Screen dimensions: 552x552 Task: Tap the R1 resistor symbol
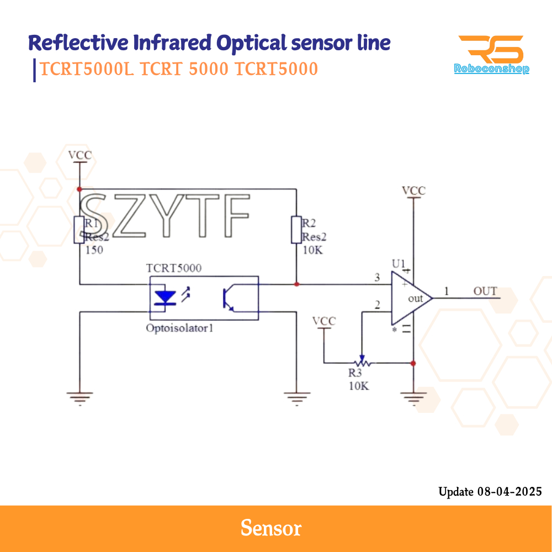[x=79, y=230]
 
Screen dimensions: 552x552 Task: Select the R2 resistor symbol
[x=296, y=230]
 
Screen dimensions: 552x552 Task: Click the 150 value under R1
[x=94, y=250]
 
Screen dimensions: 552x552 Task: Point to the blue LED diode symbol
[x=164, y=298]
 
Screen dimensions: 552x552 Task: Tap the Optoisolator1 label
[x=179, y=328]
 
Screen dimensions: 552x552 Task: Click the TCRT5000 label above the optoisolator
[x=174, y=268]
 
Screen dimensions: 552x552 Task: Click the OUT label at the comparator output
[x=485, y=291]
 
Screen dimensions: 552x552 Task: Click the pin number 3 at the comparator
[x=377, y=278]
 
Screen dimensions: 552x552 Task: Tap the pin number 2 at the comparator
[x=377, y=305]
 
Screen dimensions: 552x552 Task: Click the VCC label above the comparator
[x=413, y=191]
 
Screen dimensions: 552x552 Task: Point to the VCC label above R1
[x=80, y=155]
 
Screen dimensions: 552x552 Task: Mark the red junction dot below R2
[x=296, y=284]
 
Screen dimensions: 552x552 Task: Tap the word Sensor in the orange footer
[x=271, y=528]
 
